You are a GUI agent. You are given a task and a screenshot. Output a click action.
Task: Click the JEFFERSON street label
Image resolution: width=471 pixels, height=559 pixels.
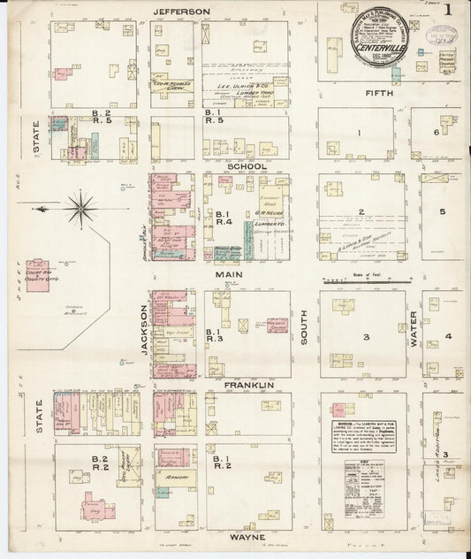182,11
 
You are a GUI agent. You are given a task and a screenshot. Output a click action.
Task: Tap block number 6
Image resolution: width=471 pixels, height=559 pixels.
437,133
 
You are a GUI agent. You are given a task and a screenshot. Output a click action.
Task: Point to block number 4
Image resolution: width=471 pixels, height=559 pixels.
449,336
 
